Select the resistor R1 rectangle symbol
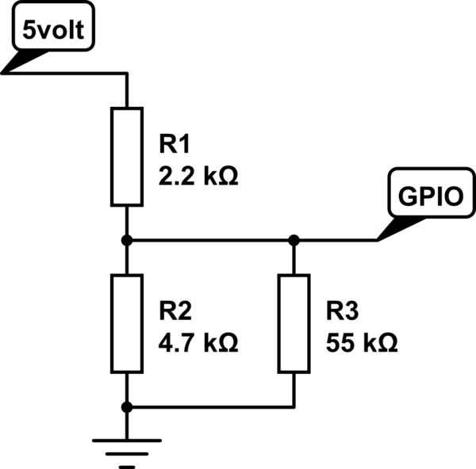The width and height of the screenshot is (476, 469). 125,157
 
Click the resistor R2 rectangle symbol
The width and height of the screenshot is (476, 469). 125,323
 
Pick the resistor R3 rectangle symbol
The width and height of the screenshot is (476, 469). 294,323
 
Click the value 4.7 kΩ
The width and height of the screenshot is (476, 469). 198,344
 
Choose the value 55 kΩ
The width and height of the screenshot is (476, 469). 361,344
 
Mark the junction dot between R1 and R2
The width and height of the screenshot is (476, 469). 125,239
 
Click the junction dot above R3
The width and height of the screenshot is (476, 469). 294,239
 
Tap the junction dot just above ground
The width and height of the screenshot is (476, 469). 125,406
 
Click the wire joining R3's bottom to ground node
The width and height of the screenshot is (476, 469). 210,406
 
